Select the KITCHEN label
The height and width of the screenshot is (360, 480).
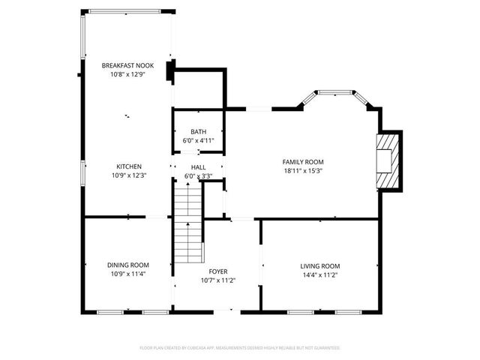pos(128,166)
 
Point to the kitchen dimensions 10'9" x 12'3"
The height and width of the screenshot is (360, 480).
pos(128,175)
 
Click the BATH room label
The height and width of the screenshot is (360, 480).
pos(198,132)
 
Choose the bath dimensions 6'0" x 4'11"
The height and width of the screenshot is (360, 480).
pos(198,140)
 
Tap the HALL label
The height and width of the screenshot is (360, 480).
pos(198,168)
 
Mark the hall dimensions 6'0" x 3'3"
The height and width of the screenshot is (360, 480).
pos(198,176)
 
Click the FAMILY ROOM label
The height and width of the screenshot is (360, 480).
pos(303,162)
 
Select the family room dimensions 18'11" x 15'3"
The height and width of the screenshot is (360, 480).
pos(303,170)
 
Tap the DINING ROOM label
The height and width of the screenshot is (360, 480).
pos(128,265)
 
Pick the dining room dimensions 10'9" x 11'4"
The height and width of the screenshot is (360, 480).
pos(128,273)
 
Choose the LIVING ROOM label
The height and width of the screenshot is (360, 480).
pos(320,265)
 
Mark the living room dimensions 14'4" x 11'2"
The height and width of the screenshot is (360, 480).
pos(320,274)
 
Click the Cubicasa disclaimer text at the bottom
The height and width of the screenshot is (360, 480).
pos(240,348)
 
